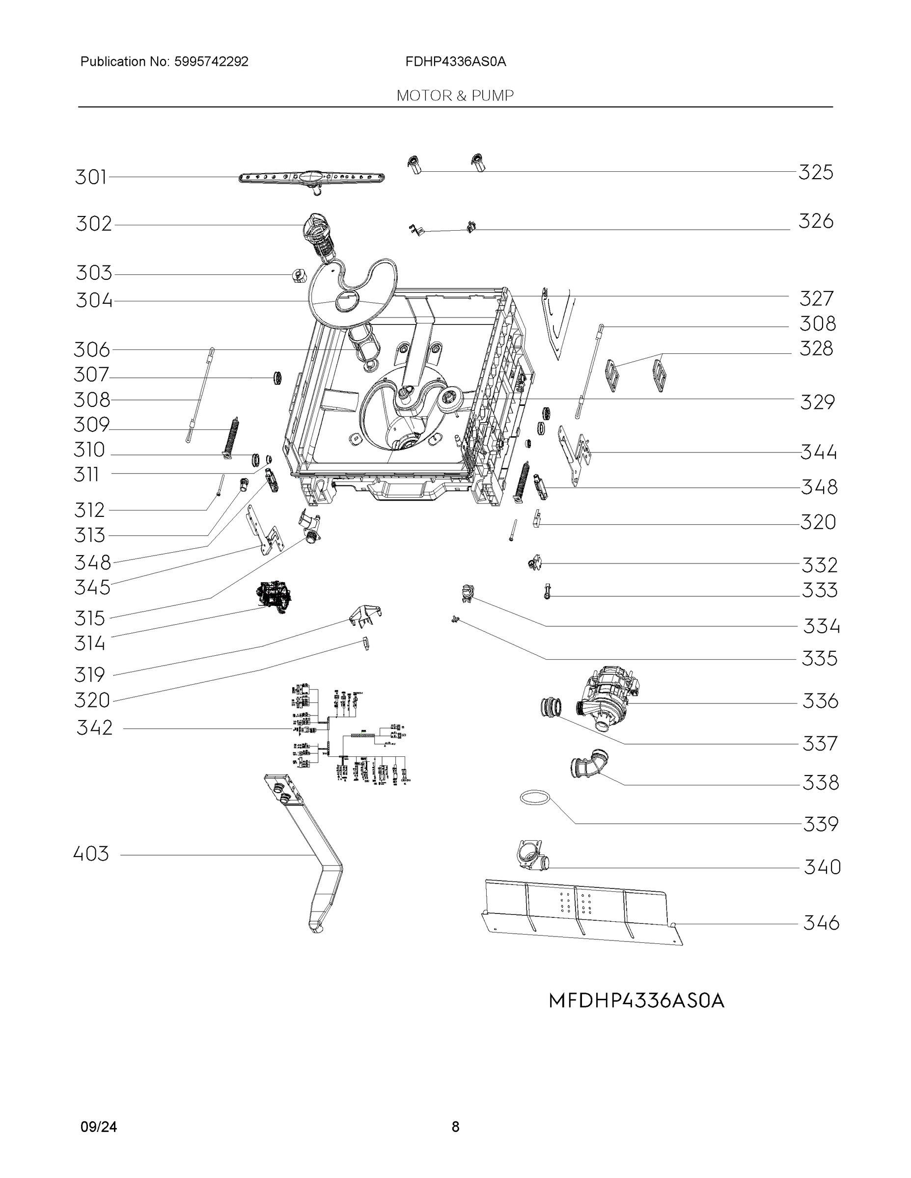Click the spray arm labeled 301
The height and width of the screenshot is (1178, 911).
pyautogui.click(x=311, y=178)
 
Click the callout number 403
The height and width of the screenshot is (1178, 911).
pyautogui.click(x=91, y=854)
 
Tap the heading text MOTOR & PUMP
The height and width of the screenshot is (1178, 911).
pyautogui.click(x=455, y=96)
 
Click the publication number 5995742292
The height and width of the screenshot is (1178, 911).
pyautogui.click(x=211, y=61)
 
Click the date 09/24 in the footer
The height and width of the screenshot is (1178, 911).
pyautogui.click(x=98, y=1127)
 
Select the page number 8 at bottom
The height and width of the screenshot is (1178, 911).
pyautogui.click(x=455, y=1127)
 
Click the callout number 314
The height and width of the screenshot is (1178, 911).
pyautogui.click(x=89, y=643)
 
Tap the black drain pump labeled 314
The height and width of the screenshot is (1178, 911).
pyautogui.click(x=274, y=596)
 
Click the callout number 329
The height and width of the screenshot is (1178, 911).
pyautogui.click(x=817, y=402)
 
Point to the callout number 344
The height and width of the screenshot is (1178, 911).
pyautogui.click(x=818, y=452)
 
